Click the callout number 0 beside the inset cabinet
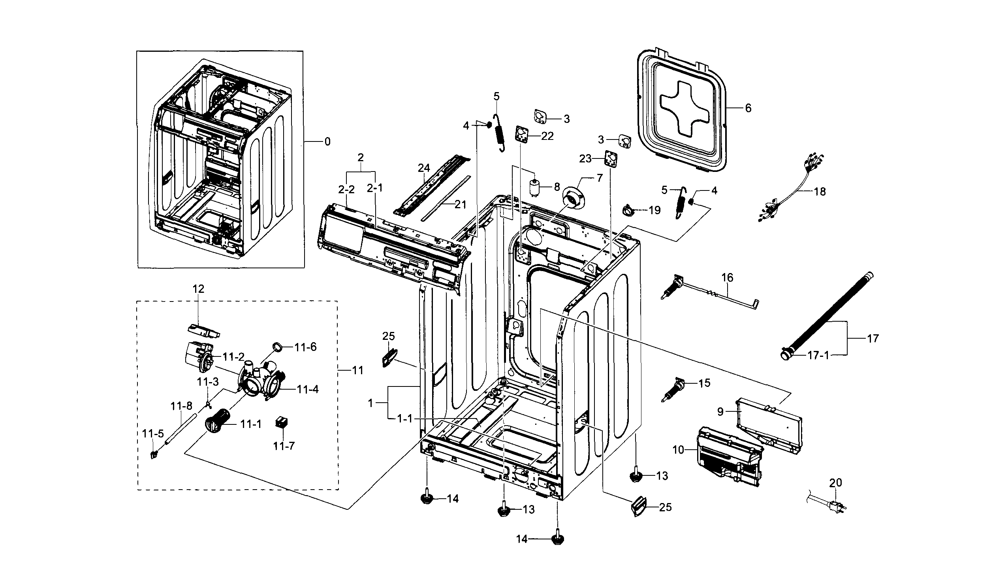point(327,142)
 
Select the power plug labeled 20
point(835,506)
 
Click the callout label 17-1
point(818,355)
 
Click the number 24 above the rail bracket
point(424,168)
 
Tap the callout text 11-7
point(284,445)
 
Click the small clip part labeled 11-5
point(154,454)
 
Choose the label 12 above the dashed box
point(198,288)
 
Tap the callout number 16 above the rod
point(727,277)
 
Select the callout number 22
point(547,136)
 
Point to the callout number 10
point(679,450)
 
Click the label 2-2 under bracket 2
point(346,190)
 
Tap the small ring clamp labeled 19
point(627,209)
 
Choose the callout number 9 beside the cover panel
point(720,411)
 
